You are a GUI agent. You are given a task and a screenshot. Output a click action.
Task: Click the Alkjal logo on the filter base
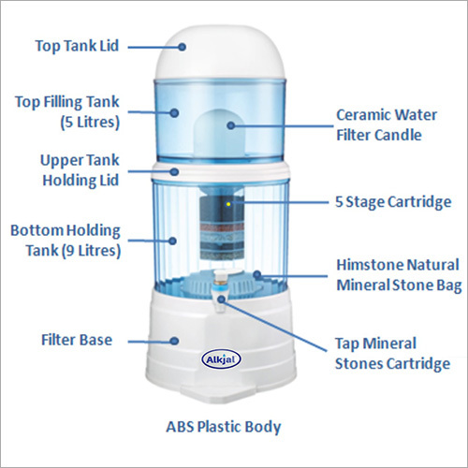coord(221,359)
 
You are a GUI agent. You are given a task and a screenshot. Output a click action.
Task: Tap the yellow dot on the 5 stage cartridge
coord(228,204)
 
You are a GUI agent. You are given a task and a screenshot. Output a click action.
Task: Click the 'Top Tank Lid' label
coord(77,46)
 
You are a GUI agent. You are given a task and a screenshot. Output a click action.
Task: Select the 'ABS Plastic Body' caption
coord(224,427)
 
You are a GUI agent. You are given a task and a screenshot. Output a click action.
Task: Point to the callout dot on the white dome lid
coord(183,47)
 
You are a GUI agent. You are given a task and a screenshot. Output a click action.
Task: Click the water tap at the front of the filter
coord(220,289)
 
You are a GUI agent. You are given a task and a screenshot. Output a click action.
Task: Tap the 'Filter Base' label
coord(77,340)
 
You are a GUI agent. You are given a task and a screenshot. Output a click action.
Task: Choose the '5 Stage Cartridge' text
coord(393,202)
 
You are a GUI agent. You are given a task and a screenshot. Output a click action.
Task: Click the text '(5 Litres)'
coord(90,122)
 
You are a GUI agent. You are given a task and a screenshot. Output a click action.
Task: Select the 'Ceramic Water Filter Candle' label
coord(387,125)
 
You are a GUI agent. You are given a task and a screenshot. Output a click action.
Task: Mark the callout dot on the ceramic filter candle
coord(231,125)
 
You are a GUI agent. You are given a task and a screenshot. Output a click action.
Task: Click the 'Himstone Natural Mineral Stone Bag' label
coord(399,275)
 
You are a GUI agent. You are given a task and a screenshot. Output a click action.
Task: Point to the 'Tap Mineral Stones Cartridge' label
coord(392,354)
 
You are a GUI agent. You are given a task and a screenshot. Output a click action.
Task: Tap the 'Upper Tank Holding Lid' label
coord(80,170)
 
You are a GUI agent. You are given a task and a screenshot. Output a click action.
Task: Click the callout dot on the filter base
coord(174,341)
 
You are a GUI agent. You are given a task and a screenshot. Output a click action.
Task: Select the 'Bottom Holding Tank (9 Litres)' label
coord(66,241)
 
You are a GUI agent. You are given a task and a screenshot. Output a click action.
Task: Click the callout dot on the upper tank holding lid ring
coord(175,171)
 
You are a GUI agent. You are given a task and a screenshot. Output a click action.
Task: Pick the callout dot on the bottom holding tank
coord(172,241)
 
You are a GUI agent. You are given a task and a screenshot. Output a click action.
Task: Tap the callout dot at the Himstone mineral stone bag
coord(257,275)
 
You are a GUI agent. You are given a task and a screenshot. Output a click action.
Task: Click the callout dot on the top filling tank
coord(174,112)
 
